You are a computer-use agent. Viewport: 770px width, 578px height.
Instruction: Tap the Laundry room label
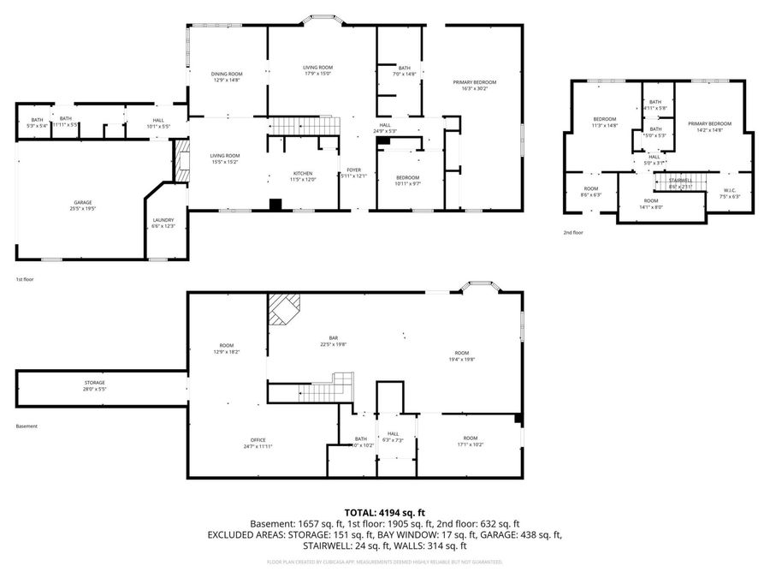tap(163, 223)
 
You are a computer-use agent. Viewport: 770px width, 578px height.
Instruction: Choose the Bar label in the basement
tap(333, 341)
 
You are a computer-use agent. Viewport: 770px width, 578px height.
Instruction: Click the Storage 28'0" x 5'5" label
tap(94, 385)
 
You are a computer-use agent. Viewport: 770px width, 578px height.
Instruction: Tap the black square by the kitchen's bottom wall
tap(275, 205)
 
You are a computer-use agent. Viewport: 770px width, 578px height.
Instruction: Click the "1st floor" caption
tap(25, 279)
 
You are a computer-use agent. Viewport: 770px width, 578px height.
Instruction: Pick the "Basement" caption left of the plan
tap(27, 426)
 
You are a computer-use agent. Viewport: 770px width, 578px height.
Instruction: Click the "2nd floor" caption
tap(573, 232)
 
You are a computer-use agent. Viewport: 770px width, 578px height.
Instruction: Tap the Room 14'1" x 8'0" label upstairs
tap(651, 203)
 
